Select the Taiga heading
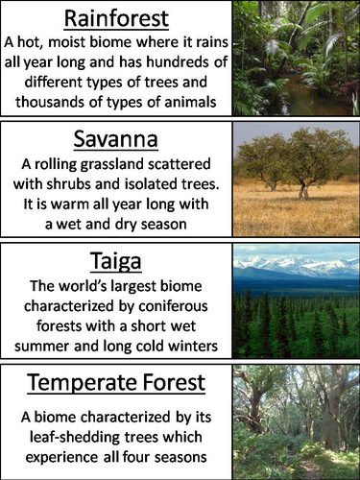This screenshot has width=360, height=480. pyautogui.click(x=116, y=259)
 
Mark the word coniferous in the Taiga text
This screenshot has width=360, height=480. pyautogui.click(x=172, y=305)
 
